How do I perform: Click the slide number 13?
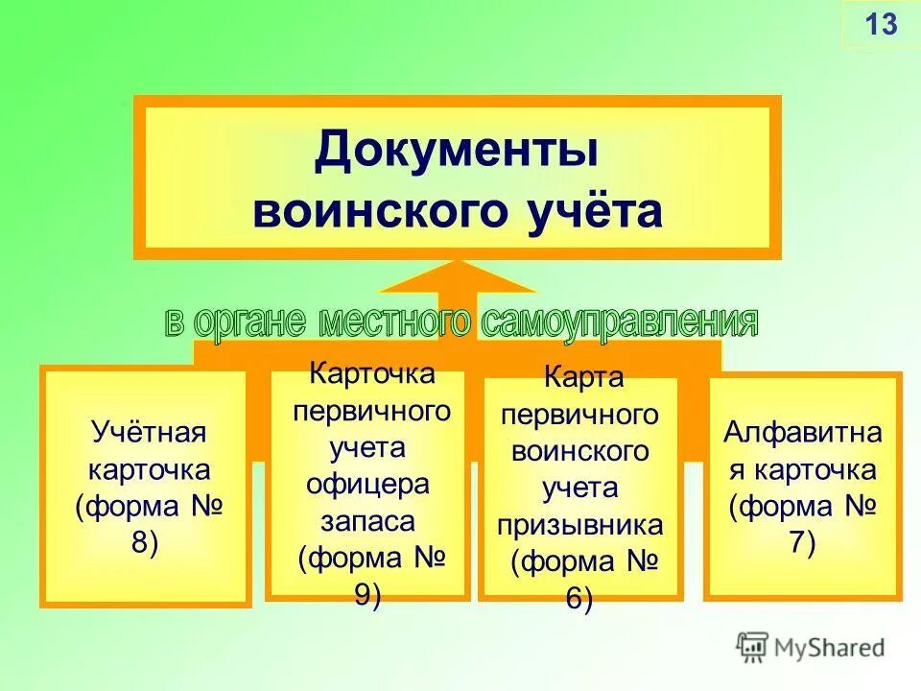click(x=881, y=23)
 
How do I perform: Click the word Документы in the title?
click(x=457, y=153)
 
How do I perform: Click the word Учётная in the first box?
click(x=148, y=432)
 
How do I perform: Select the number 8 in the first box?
click(x=142, y=541)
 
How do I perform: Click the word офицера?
click(x=367, y=485)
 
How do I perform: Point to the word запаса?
click(x=367, y=521)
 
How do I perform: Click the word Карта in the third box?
click(x=583, y=378)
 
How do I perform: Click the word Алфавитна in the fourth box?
click(x=802, y=433)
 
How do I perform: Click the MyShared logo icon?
click(x=753, y=647)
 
